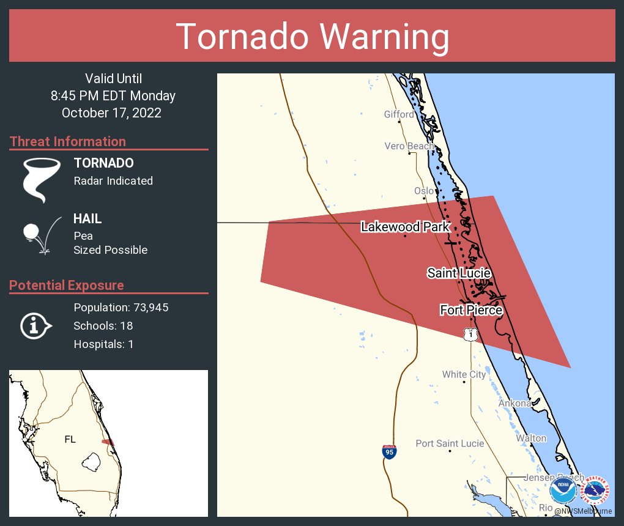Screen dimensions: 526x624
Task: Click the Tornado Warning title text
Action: coord(312,37)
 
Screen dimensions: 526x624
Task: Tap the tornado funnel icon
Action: coord(42,180)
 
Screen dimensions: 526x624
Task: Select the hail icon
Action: coord(40,234)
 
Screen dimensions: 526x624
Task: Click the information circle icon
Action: coord(35,325)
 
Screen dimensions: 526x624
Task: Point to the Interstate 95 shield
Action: coord(389,452)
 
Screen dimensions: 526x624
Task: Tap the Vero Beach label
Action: coord(409,146)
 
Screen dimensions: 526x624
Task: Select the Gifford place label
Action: coord(399,114)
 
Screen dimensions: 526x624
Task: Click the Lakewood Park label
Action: coord(405,227)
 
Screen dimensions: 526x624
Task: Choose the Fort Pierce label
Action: coord(471,310)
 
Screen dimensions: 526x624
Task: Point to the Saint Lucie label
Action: coord(459,273)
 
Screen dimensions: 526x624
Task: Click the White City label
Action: coord(464,374)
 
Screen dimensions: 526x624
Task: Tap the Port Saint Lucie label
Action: coord(450,443)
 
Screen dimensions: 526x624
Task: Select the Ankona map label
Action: coord(514,404)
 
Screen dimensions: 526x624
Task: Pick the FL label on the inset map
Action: coord(70,439)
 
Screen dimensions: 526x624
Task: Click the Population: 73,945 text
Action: coord(121,307)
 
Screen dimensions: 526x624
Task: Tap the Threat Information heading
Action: coord(68,141)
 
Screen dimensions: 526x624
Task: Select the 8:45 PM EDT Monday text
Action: coord(113,95)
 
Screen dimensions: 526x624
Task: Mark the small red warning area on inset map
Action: coord(108,442)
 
